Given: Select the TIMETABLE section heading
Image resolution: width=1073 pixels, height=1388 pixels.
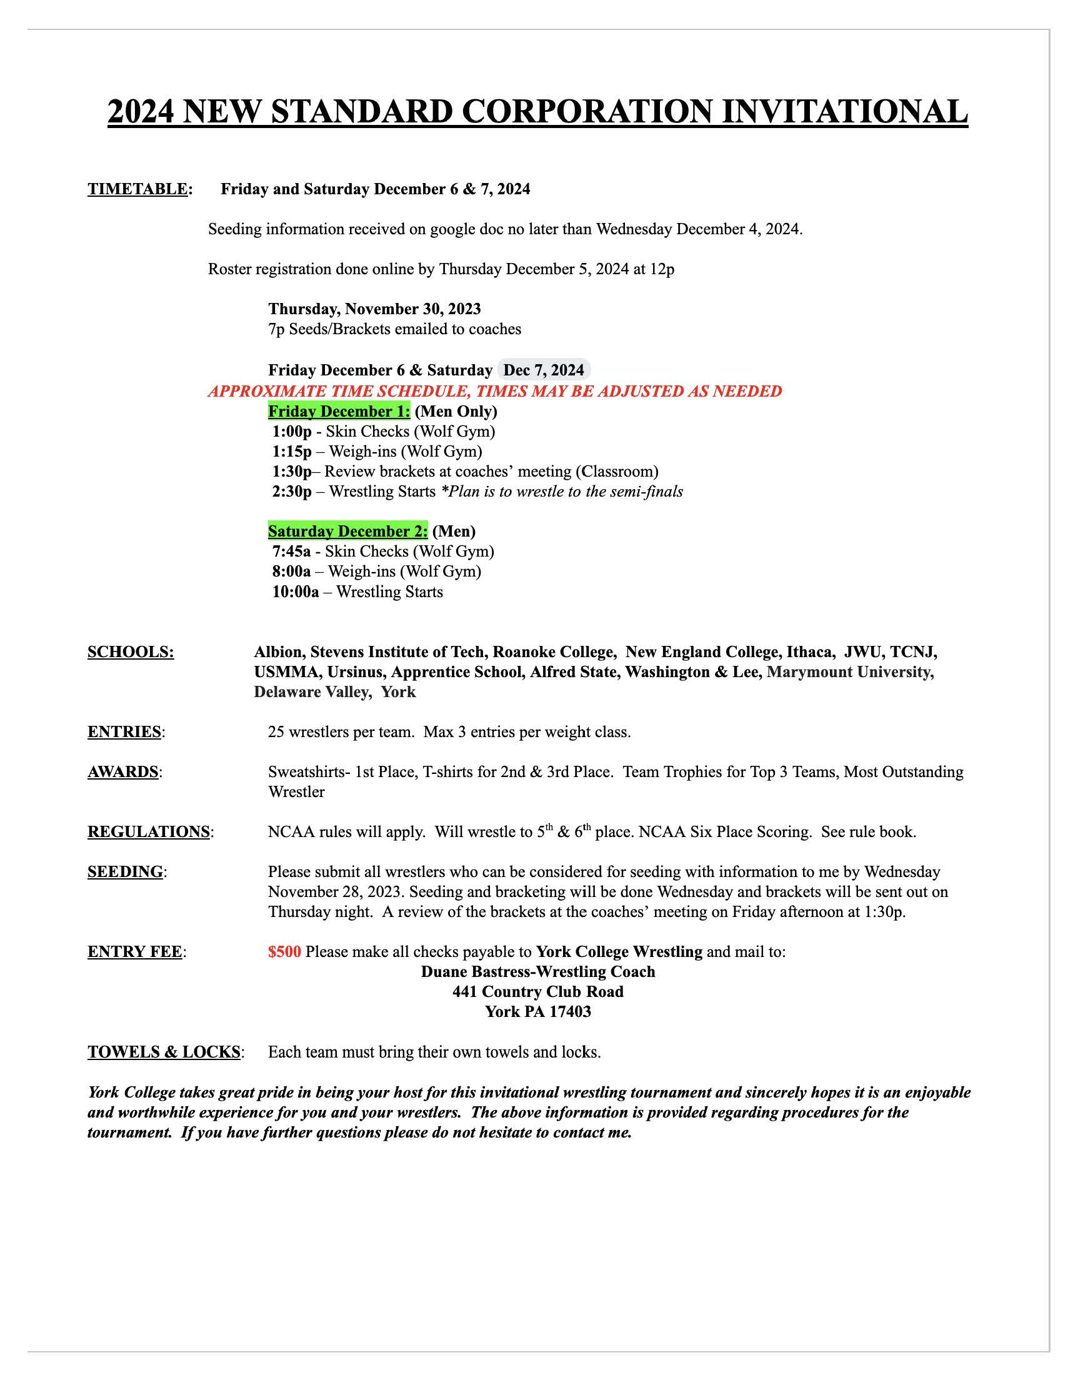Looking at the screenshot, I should point(138,189).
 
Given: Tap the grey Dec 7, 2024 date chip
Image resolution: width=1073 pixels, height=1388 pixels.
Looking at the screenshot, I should point(544,370).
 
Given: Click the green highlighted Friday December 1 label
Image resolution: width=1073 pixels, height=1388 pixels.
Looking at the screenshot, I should point(339,411).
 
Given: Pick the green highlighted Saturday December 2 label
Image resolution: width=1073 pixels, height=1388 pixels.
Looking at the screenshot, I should point(347,531).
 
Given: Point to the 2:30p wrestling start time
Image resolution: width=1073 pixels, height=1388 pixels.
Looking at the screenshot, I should point(292,491).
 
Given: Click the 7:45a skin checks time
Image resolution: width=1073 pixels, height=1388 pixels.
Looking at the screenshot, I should point(292,551).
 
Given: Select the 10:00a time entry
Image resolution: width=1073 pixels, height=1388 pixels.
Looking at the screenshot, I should point(296,592).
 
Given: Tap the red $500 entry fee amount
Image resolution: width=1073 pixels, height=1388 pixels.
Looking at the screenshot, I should point(284,951).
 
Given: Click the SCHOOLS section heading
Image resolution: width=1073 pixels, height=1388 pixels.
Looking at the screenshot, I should point(131,652).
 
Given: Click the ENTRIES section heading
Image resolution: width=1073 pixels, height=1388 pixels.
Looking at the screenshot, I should point(124,731).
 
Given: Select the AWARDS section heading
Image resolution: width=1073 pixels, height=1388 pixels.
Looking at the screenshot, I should point(123,771).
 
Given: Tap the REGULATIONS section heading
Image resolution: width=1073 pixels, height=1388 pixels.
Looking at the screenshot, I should point(149,832).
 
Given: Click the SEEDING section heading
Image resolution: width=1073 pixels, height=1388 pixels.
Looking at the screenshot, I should point(125,872).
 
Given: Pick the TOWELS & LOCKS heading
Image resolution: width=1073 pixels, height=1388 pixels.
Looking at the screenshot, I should point(164,1052).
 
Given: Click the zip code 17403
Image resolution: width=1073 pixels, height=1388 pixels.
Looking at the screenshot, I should point(569,1011).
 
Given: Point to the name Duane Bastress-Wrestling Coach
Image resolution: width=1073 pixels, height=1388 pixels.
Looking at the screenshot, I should point(538,971).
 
